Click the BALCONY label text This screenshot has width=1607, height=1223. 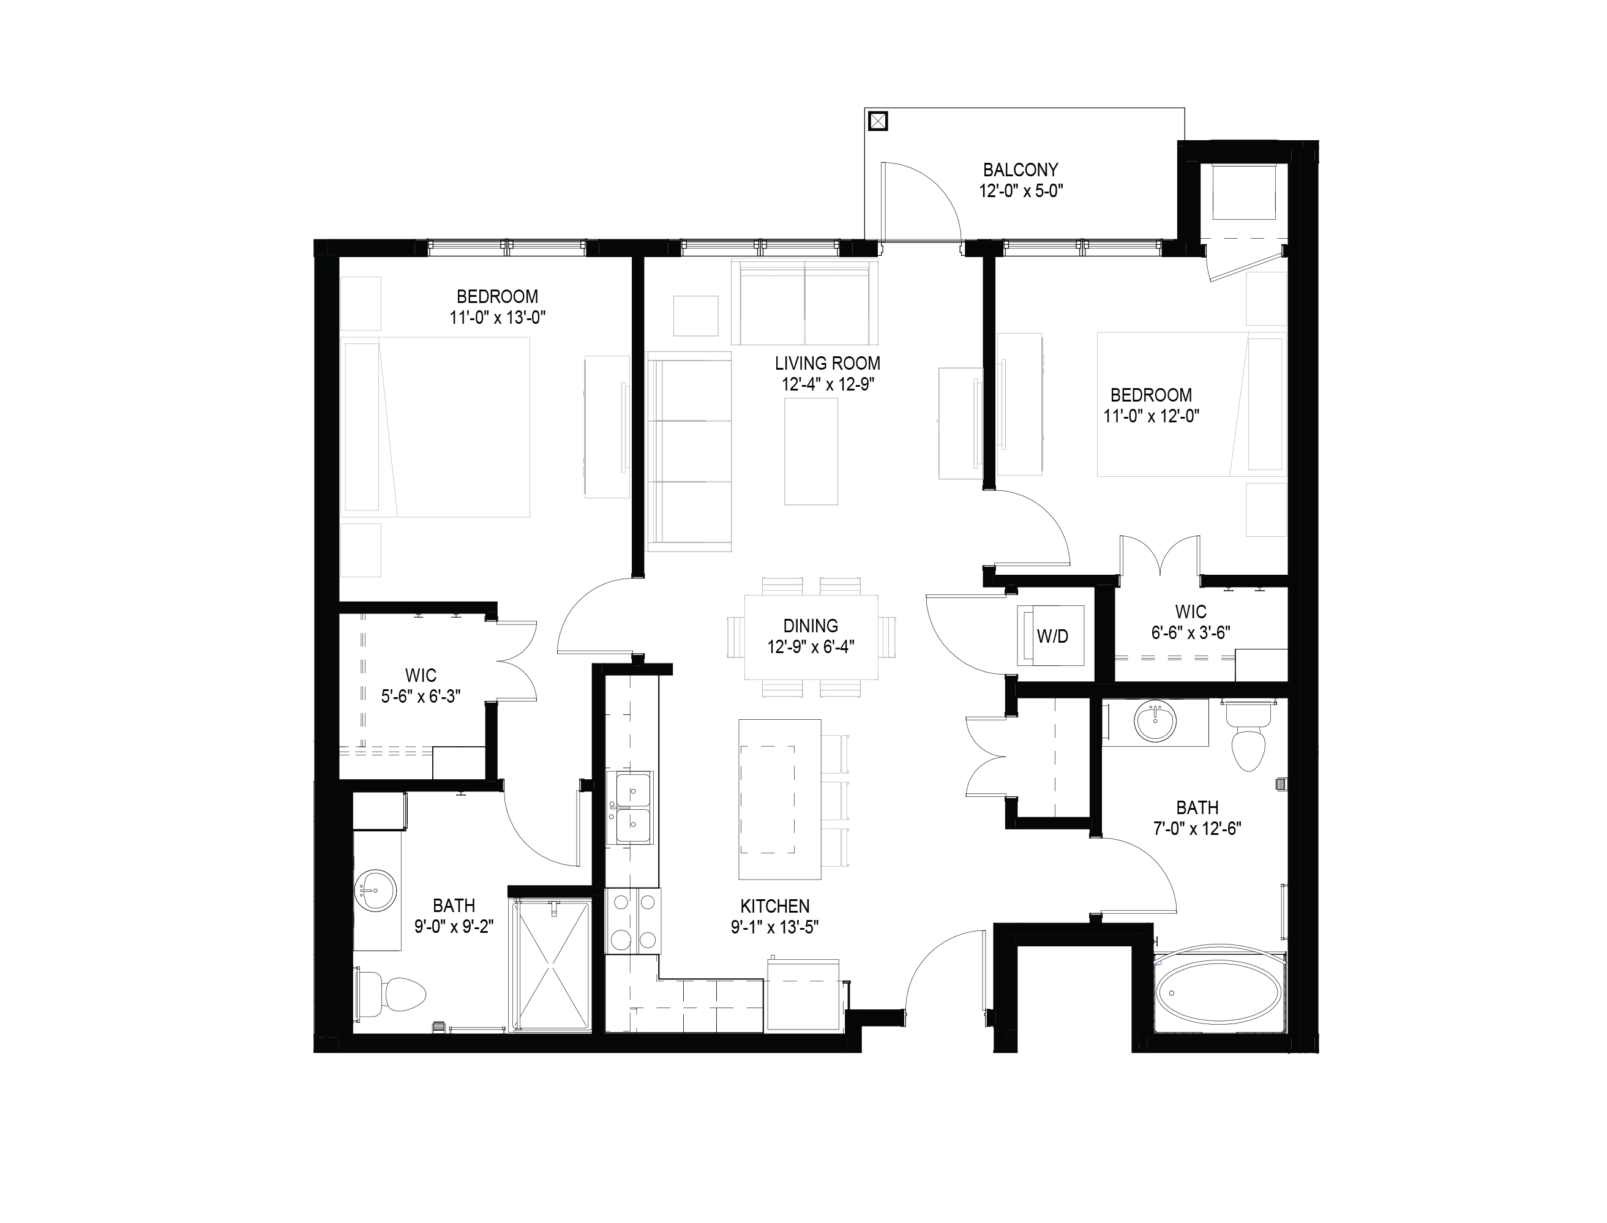1020,170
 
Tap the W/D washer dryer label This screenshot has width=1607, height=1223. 1052,636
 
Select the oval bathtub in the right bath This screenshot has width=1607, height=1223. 1219,992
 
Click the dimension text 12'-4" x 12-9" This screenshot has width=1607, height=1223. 827,384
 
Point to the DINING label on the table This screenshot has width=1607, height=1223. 811,626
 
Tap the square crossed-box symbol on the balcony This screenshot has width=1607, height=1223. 879,121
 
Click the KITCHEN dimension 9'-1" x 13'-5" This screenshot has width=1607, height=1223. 776,927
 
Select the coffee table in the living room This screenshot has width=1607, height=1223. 811,451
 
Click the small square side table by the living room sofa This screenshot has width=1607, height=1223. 696,315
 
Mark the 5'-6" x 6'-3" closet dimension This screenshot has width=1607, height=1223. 421,697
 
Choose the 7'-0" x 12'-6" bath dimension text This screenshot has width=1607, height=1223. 1197,828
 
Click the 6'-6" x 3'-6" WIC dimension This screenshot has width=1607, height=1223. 1191,632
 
